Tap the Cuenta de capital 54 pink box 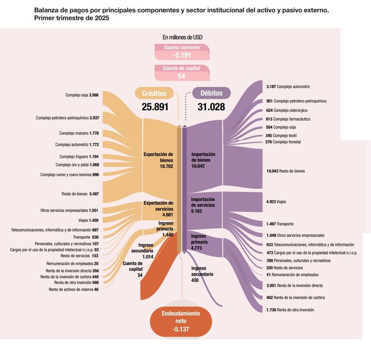(x=182, y=73)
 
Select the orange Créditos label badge (x=154, y=93)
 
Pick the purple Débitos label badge (x=211, y=93)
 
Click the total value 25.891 (x=154, y=107)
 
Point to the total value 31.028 (x=211, y=107)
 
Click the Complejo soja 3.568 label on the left (x=82, y=95)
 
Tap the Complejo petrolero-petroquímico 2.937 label (x=67, y=118)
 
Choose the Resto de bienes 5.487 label (x=81, y=194)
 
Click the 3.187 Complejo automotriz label (x=288, y=86)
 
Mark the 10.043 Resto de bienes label (x=286, y=171)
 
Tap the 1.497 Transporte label (x=280, y=224)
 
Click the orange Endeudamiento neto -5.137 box (x=181, y=321)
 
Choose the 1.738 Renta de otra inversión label (x=290, y=310)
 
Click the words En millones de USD (x=183, y=37)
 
